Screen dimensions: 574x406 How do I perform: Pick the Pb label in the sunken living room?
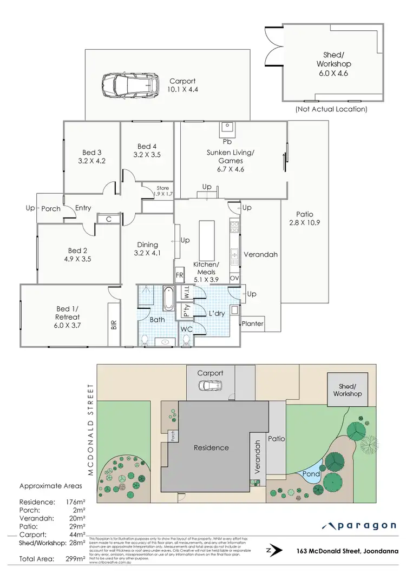click(x=227, y=142)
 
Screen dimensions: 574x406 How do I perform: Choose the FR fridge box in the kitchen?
click(x=180, y=275)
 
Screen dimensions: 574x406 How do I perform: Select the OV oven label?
click(x=234, y=278)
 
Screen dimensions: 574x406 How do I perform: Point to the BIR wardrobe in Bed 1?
click(x=114, y=325)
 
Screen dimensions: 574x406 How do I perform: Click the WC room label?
click(x=186, y=329)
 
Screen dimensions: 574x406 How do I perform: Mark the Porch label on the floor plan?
click(x=51, y=208)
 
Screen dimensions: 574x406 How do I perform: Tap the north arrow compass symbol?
click(x=277, y=551)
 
